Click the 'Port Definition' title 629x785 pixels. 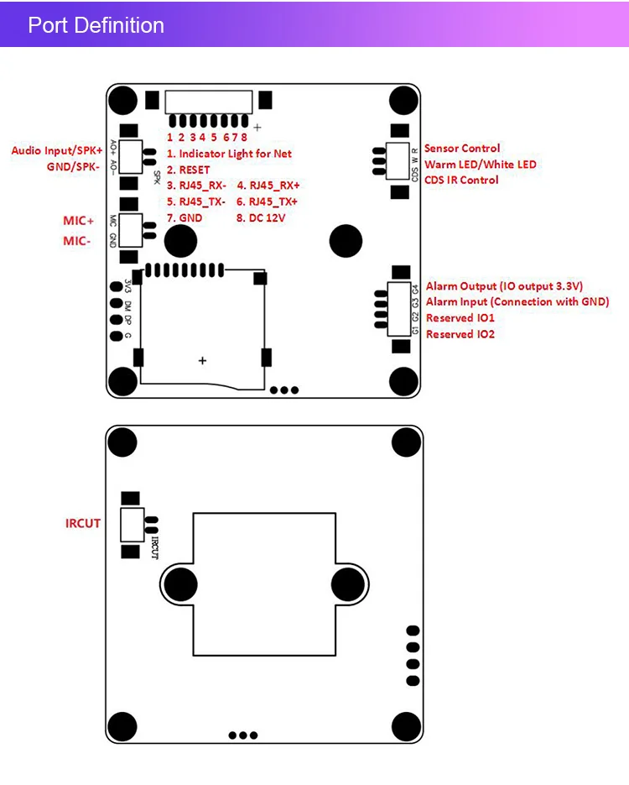[96, 25]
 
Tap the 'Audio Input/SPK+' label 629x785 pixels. [56, 150]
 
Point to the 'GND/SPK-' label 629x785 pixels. [74, 167]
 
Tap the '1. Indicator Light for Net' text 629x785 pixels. [229, 154]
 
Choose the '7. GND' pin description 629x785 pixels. [185, 217]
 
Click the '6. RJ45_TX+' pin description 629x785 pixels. [268, 201]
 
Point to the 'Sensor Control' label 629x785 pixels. [462, 149]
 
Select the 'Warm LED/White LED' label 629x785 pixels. [480, 165]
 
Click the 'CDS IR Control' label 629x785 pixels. [461, 180]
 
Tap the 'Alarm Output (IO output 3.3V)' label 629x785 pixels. [504, 286]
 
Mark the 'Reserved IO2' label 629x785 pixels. [460, 334]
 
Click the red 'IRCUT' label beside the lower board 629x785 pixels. [83, 523]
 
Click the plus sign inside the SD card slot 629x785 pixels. [202, 360]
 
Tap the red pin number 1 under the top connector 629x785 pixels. [169, 137]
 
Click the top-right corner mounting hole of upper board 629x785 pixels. [405, 100]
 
